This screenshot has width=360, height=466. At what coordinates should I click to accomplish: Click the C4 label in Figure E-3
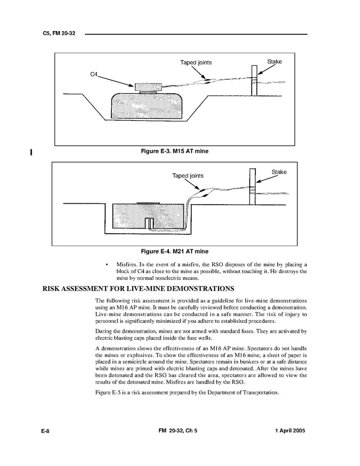click(x=94, y=75)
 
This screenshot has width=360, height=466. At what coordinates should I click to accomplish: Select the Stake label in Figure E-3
click(x=275, y=62)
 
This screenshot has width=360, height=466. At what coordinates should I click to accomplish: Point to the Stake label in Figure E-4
click(x=279, y=172)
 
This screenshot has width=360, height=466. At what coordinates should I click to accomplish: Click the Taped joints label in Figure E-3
click(x=196, y=63)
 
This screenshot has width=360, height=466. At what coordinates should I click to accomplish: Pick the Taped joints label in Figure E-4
click(x=188, y=176)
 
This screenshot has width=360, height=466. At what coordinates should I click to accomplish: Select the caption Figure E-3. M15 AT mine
click(x=175, y=151)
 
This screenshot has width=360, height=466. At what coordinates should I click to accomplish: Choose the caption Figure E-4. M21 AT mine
click(x=175, y=252)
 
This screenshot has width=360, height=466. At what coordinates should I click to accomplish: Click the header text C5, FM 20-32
click(x=60, y=34)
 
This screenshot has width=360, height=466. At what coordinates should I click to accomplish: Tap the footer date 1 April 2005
click(x=287, y=431)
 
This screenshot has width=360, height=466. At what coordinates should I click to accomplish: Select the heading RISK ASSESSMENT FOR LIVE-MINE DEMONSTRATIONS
click(x=138, y=289)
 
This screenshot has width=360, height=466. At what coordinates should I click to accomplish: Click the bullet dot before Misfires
click(x=107, y=264)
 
